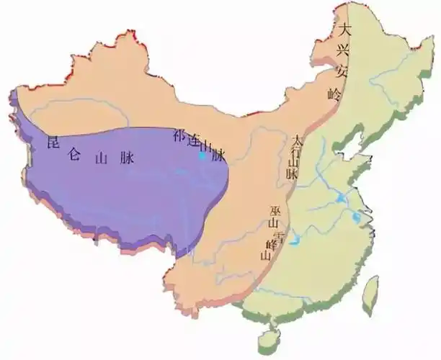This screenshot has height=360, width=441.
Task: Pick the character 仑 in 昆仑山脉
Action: [73, 154]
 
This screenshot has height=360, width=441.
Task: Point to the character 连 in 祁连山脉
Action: [193, 142]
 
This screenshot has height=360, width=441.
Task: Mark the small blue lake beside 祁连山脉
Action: [203, 154]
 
